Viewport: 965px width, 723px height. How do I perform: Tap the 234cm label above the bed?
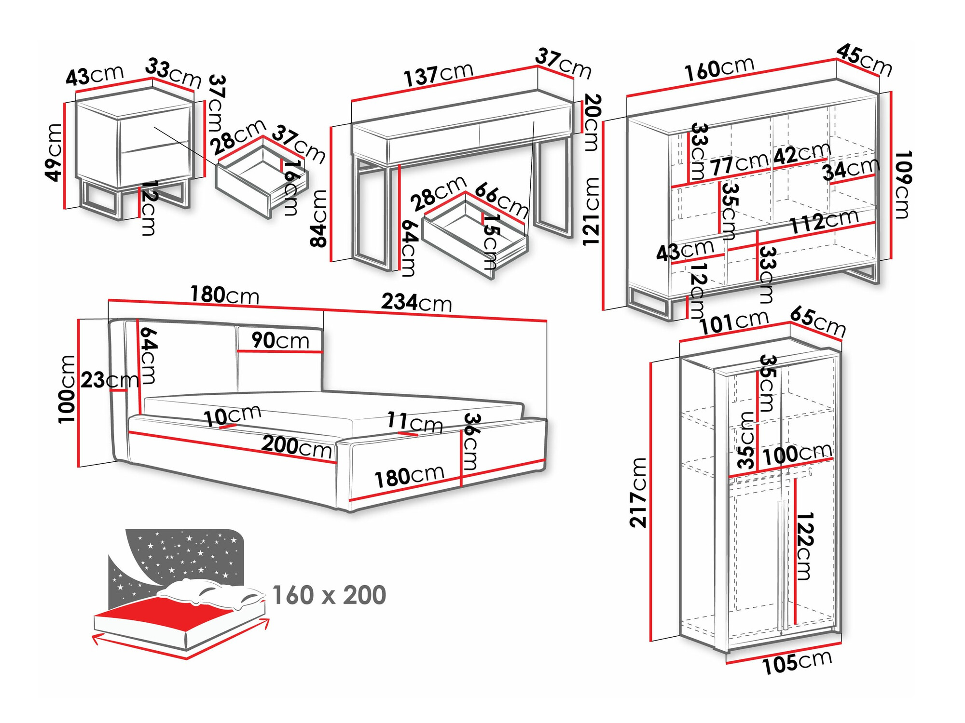[416, 303]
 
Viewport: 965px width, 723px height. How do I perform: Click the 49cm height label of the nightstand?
[54, 152]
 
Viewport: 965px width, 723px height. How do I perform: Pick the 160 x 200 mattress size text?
[329, 595]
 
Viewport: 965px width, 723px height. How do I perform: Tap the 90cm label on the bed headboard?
[280, 341]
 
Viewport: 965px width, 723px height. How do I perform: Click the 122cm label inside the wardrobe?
[804, 546]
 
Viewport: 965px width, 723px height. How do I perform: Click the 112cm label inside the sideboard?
[824, 222]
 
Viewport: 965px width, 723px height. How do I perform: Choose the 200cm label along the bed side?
[296, 446]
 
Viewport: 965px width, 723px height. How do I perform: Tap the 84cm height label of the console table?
[318, 218]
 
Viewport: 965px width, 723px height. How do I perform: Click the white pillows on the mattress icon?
[212, 593]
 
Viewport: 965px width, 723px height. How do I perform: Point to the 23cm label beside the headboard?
[109, 380]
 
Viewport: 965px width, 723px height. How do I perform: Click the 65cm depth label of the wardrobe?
[818, 322]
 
